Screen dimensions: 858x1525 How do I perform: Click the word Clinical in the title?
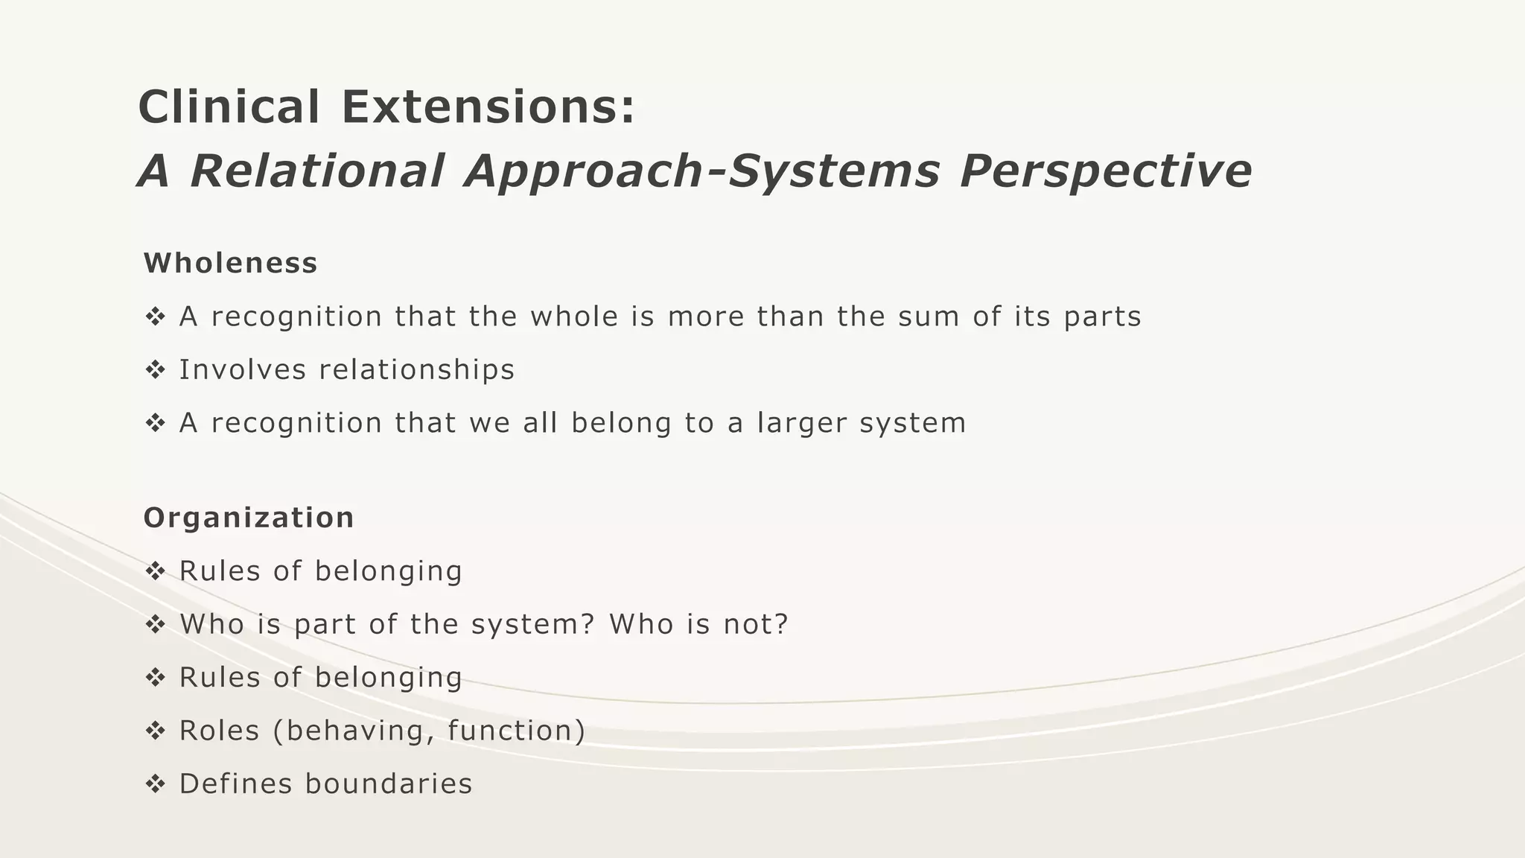point(229,107)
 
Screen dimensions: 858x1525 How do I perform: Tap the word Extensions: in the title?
point(488,107)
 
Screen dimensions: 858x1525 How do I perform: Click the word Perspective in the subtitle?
point(1106,171)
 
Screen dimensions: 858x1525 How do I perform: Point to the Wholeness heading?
point(231,263)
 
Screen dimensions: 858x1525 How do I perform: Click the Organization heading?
point(249,518)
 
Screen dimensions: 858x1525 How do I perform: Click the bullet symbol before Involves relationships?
point(155,369)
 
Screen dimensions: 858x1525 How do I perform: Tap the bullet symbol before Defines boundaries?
point(155,784)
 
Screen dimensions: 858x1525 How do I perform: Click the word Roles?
point(220,731)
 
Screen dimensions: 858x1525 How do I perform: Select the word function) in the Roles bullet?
point(517,731)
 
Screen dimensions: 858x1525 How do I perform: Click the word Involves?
point(243,369)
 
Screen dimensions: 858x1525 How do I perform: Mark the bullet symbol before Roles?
point(155,731)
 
